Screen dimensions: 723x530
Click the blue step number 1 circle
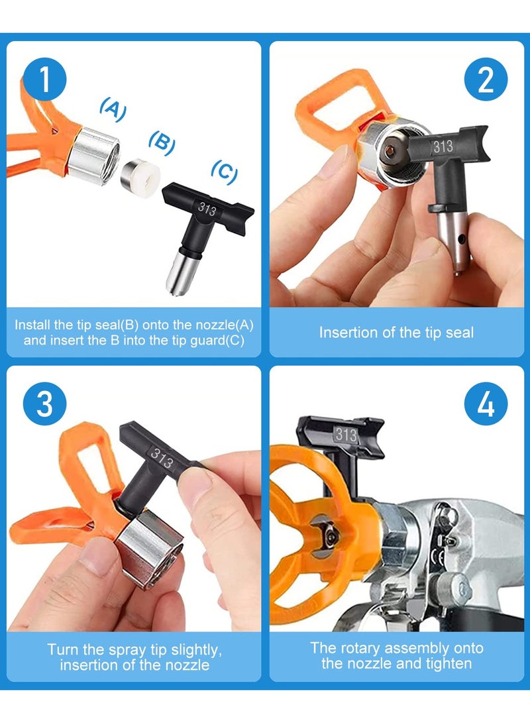click(x=44, y=80)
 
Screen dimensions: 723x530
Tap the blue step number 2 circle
click(x=486, y=80)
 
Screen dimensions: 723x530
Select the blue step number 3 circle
click(x=44, y=403)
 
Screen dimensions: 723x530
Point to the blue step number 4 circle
click(x=486, y=403)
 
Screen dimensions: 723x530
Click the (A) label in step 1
click(x=113, y=110)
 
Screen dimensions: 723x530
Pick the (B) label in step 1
click(x=162, y=140)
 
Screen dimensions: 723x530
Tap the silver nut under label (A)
click(x=95, y=149)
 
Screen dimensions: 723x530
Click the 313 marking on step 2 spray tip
click(x=443, y=146)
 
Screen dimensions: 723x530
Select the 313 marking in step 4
click(x=346, y=435)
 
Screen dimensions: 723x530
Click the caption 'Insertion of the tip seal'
click(x=396, y=332)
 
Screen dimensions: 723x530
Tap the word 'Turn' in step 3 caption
click(x=64, y=649)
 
